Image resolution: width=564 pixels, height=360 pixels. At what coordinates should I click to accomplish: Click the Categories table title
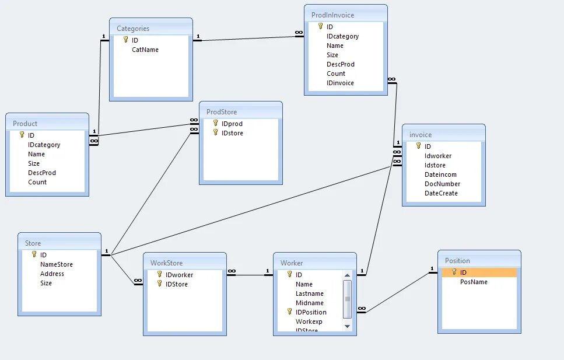tap(133, 28)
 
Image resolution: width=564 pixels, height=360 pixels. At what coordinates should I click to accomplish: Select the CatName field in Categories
tap(145, 50)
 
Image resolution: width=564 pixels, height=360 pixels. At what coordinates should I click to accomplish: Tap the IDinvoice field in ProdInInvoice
tap(340, 83)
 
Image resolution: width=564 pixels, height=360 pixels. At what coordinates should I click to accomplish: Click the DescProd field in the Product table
tap(42, 173)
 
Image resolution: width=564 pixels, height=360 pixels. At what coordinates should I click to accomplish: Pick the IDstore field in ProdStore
tap(232, 133)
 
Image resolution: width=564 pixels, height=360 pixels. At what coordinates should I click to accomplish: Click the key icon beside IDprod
tap(215, 124)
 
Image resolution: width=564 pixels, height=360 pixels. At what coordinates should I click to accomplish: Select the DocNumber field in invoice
tap(442, 184)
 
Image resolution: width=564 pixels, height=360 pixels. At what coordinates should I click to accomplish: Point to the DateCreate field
tap(441, 193)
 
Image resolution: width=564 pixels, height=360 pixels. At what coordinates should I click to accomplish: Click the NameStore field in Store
tap(57, 264)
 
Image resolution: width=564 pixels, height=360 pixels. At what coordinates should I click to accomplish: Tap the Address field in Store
tap(52, 274)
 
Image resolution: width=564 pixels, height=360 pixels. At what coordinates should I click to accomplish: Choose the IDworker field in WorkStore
tap(179, 275)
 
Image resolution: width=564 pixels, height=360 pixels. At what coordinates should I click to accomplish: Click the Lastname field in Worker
tap(309, 293)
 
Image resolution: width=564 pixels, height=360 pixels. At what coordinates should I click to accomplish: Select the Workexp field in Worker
tap(309, 321)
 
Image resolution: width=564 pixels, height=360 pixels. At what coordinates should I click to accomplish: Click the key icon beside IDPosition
tap(289, 312)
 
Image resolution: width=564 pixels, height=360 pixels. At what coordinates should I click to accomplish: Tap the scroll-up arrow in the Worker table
tap(347, 275)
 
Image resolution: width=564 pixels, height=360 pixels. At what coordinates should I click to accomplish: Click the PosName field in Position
tap(474, 282)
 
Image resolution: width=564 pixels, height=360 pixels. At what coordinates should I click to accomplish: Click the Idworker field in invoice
tap(438, 156)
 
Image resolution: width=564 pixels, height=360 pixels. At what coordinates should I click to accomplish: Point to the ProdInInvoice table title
tap(332, 15)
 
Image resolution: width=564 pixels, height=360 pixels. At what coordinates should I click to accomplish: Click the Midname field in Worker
tap(309, 303)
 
